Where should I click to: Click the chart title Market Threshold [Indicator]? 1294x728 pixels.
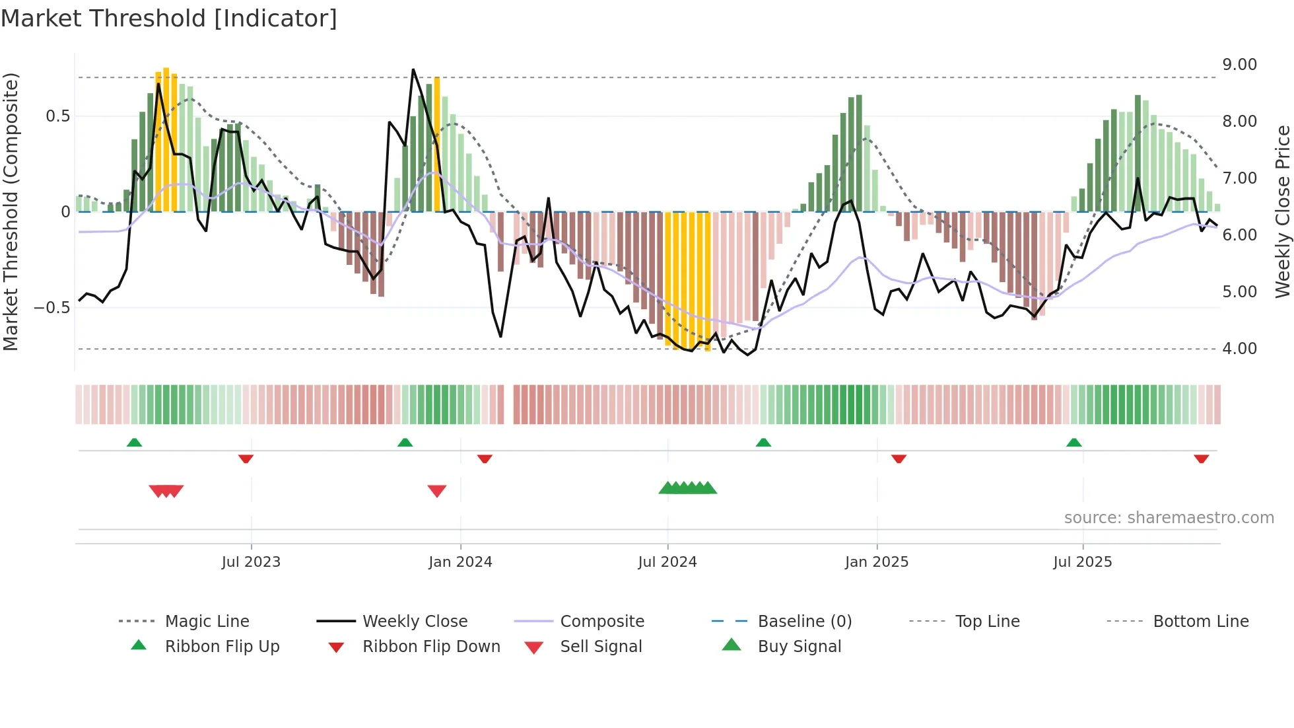pyautogui.click(x=169, y=18)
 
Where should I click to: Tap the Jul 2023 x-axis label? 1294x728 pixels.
pyautogui.click(x=251, y=562)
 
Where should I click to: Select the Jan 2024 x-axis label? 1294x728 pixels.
pyautogui.click(x=460, y=562)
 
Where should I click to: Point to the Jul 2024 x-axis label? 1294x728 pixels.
pyautogui.click(x=667, y=562)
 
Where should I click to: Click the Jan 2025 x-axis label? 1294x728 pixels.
pyautogui.click(x=877, y=562)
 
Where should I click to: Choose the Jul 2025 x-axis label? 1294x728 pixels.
pyautogui.click(x=1083, y=562)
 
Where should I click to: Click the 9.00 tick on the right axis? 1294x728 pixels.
pyautogui.click(x=1239, y=65)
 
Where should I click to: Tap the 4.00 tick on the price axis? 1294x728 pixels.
pyautogui.click(x=1239, y=349)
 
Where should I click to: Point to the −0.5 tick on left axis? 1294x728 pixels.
pyautogui.click(x=51, y=308)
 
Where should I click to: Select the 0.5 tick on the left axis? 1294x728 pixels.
pyautogui.click(x=57, y=116)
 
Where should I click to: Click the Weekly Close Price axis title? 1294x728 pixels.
pyautogui.click(x=1282, y=211)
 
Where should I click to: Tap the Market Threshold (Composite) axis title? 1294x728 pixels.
pyautogui.click(x=11, y=211)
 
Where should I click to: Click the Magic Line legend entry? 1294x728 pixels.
pyautogui.click(x=207, y=622)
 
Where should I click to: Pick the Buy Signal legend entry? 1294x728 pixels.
pyautogui.click(x=799, y=647)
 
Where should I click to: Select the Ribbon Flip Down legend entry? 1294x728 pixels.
pyautogui.click(x=431, y=647)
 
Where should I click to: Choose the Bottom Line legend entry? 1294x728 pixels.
pyautogui.click(x=1200, y=622)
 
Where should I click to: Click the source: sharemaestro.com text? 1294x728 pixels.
pyautogui.click(x=1169, y=518)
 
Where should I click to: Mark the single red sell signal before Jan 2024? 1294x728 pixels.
pyautogui.click(x=437, y=491)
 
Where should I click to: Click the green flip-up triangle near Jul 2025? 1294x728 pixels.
pyautogui.click(x=1073, y=442)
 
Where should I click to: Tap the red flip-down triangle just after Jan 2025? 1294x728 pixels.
pyautogui.click(x=899, y=458)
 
